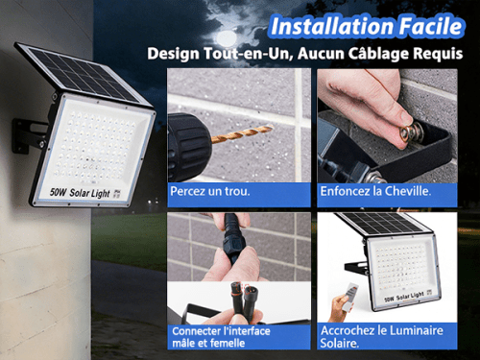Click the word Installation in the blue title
(x=332, y=26)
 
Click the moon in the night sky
(x=227, y=38)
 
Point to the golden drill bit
(x=242, y=132)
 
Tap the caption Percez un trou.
(x=210, y=191)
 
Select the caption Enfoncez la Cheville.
(x=375, y=191)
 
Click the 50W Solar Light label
(x=80, y=193)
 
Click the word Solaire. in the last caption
(x=340, y=343)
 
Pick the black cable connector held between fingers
(x=231, y=238)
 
